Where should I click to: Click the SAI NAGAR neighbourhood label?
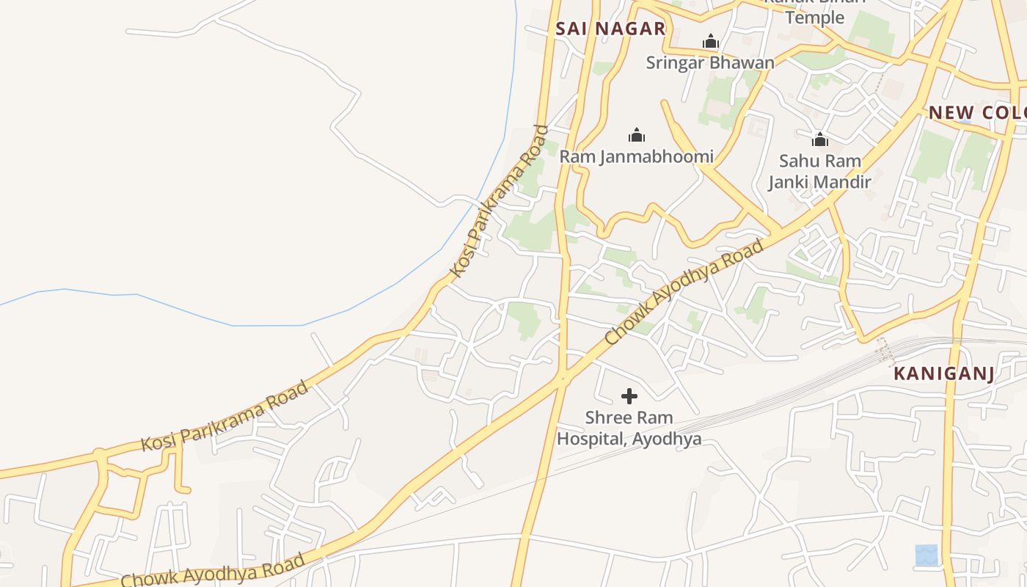[x=610, y=29]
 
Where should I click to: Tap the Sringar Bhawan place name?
[x=709, y=62]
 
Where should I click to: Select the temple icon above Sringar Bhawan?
[x=710, y=42]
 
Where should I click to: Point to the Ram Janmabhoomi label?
[x=636, y=156]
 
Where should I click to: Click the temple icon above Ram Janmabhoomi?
[x=637, y=135]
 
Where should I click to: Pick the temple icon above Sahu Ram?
[x=819, y=139]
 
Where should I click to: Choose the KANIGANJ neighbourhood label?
[x=943, y=373]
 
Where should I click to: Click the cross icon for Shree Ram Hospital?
[x=629, y=396]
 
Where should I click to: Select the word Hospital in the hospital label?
[x=591, y=439]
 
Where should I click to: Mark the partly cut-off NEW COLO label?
[x=976, y=113]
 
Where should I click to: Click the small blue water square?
[x=927, y=555]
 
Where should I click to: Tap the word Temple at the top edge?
[x=814, y=17]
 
